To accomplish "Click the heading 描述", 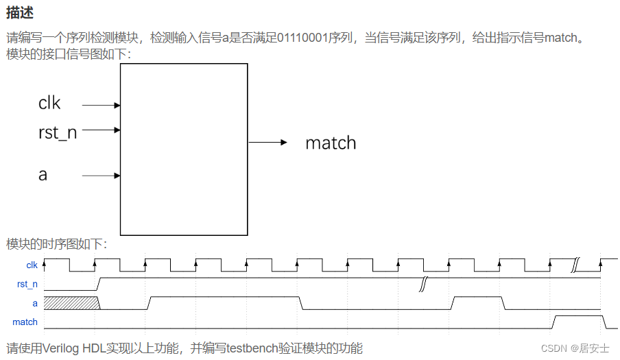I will pos(20,13).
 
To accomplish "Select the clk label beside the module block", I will pos(49,103).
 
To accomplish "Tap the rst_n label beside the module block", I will pos(58,132).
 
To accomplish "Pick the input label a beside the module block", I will pos(43,175).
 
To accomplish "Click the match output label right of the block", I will pos(331,143).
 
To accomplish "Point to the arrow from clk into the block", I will pos(102,106).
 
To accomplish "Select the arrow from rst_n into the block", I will pos(102,130).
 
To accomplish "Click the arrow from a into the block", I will pos(102,176).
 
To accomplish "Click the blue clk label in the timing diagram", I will pos(32,265).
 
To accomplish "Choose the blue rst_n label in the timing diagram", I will pos(27,283).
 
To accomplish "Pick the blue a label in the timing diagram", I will pos(35,302).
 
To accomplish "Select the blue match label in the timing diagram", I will pos(25,322).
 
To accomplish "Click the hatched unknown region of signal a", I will pos(71,302).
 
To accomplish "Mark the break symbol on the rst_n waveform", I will pos(425,283).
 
